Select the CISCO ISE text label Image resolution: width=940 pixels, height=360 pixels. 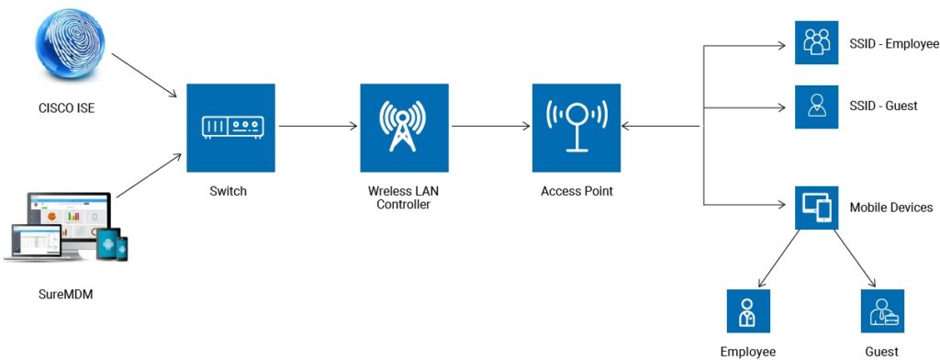[62, 109]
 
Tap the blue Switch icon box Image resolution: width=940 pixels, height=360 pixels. [230, 129]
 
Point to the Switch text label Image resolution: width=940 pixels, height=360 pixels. [229, 192]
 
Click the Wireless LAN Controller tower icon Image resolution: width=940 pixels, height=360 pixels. [404, 129]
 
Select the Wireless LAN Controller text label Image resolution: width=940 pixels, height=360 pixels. [403, 197]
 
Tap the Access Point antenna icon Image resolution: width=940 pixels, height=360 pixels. [576, 129]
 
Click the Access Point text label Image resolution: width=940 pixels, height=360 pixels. [576, 192]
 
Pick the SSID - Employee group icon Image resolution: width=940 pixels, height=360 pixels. [816, 42]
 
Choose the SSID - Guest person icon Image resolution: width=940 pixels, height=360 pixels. [816, 106]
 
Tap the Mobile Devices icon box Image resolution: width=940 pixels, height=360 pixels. [816, 208]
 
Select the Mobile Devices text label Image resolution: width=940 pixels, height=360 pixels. [891, 208]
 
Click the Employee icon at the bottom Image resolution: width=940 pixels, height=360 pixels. [747, 311]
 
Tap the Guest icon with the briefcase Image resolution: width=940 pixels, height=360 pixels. [882, 311]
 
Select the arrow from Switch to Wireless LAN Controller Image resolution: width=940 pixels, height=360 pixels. [318, 126]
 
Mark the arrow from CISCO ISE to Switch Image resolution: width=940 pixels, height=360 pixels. [147, 77]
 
